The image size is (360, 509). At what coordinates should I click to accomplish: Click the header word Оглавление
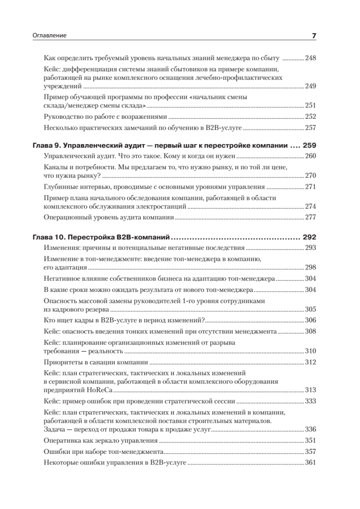(50, 36)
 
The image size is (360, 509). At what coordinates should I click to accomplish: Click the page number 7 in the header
(314, 36)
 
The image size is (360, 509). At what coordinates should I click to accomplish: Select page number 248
(311, 58)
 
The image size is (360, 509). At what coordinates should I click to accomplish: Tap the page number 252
(311, 116)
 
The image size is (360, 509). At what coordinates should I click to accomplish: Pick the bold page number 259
(310, 145)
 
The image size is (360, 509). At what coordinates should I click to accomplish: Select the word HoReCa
(100, 391)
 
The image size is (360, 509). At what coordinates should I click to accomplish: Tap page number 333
(311, 401)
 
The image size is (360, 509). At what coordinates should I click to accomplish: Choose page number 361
(311, 463)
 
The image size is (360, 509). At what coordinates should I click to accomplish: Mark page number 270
(311, 176)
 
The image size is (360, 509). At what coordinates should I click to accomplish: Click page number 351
(311, 441)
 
